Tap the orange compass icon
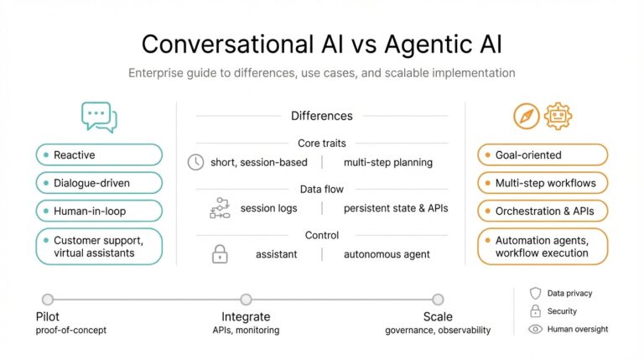click(527, 116)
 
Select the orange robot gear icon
click(557, 116)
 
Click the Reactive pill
click(99, 154)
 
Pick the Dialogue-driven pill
click(99, 182)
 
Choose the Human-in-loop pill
click(99, 210)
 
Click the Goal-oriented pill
click(542, 154)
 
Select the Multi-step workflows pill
click(542, 182)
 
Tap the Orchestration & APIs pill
click(542, 210)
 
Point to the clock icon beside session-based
click(196, 162)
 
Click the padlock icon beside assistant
click(220, 253)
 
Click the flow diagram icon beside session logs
click(219, 208)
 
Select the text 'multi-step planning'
click(387, 162)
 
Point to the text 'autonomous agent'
click(387, 253)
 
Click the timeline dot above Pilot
click(48, 299)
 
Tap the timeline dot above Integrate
click(246, 299)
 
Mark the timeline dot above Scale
click(438, 299)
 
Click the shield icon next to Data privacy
click(535, 293)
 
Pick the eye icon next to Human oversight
click(535, 329)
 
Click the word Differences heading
click(321, 116)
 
